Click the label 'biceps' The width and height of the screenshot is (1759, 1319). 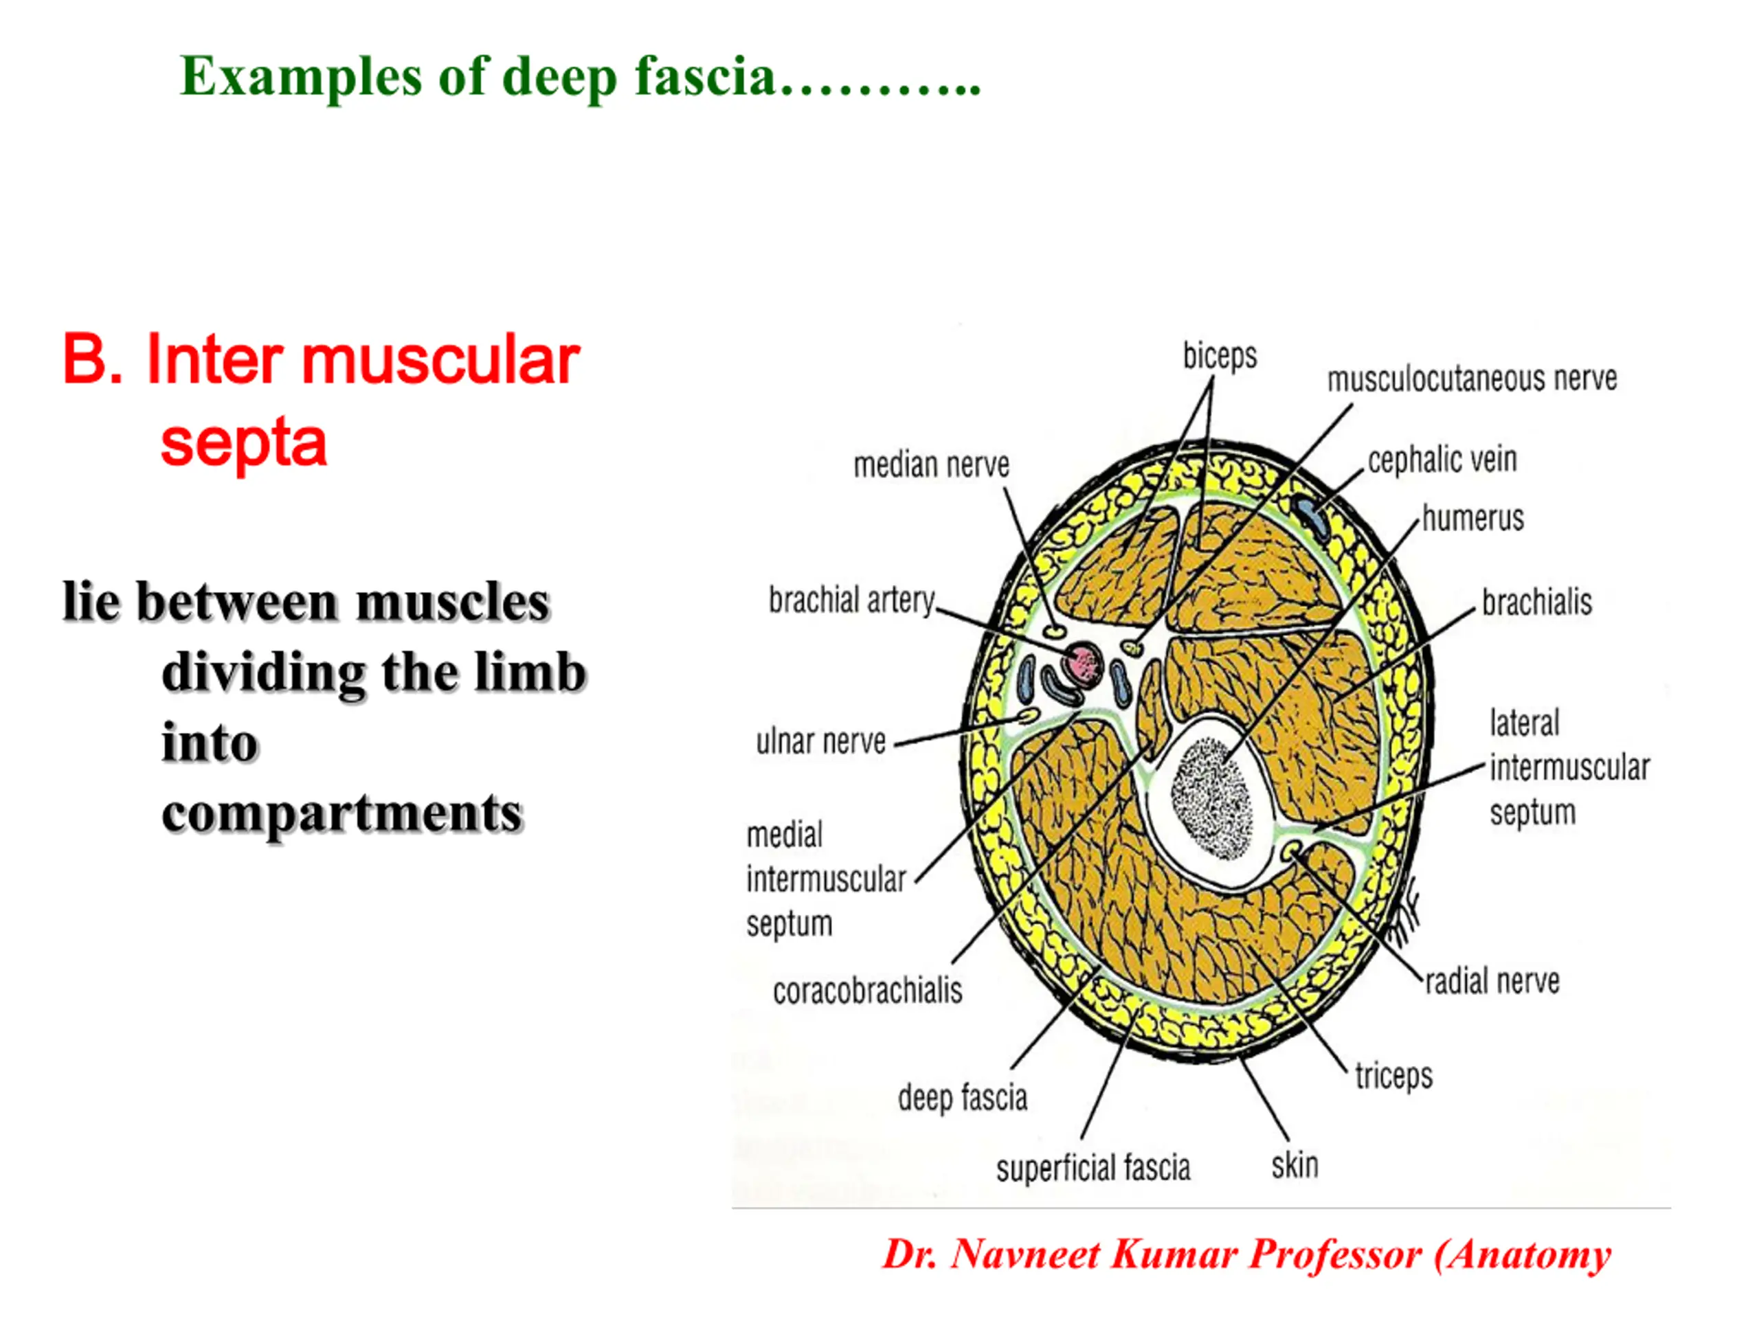point(1219,355)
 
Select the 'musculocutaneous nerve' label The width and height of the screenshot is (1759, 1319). point(1472,379)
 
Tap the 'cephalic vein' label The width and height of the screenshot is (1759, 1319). point(1442,460)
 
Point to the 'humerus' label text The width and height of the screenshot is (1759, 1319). point(1472,519)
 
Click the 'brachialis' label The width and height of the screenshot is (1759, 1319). point(1536,602)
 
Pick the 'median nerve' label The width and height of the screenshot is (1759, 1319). point(931,464)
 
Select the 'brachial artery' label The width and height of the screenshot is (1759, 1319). point(851,600)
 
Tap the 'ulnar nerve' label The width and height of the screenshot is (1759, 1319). point(820,741)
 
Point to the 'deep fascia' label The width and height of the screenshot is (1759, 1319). point(962,1098)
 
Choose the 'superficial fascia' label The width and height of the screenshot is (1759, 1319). point(1093,1168)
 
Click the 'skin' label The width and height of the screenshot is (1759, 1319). point(1295,1166)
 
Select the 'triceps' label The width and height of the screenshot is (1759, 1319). point(1393,1076)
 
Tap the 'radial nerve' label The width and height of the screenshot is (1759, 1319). point(1492,981)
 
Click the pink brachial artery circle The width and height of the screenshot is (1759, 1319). point(1082,663)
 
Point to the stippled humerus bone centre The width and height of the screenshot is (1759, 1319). point(1211,798)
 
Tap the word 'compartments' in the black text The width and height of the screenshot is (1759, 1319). point(342,815)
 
